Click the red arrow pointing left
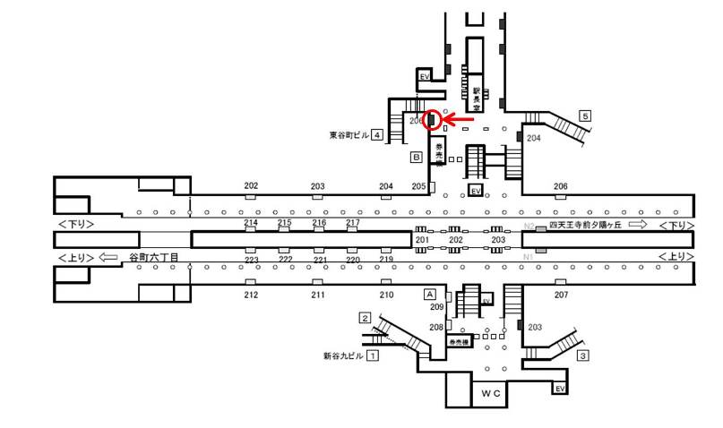460,119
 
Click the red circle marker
433,119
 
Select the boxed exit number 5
585,116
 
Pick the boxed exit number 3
583,355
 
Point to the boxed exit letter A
429,294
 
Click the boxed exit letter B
416,158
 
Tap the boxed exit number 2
365,317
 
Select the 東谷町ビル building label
349,135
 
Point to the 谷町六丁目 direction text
153,257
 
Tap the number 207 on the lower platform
561,295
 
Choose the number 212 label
251,295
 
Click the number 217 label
353,222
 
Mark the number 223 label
252,260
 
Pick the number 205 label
418,186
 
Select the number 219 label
386,260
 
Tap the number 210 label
386,295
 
